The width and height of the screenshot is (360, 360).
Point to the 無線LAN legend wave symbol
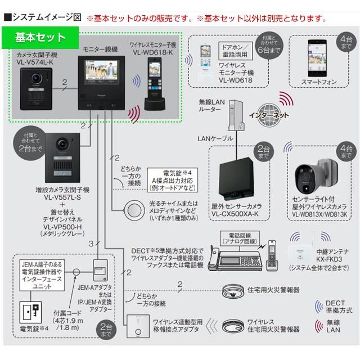tap(319, 326)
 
